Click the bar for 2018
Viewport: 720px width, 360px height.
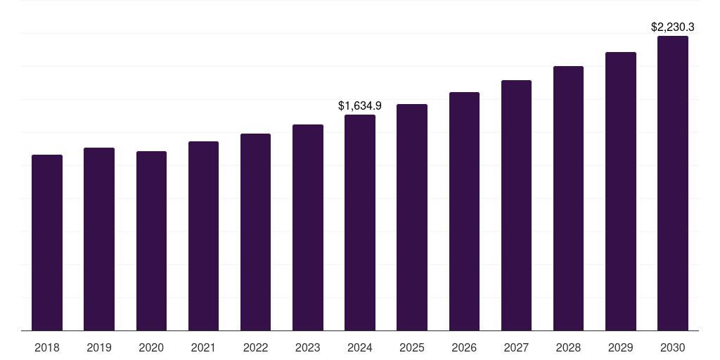coord(47,243)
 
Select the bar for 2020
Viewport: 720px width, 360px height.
coord(151,240)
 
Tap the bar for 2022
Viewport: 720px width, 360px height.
coord(255,232)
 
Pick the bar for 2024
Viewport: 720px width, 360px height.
coord(360,222)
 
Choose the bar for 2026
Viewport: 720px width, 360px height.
coord(464,211)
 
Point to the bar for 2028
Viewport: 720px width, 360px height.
coord(568,198)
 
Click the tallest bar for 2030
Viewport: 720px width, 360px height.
coord(673,183)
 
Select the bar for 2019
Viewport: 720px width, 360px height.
coord(99,239)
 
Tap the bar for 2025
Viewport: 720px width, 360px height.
coord(412,217)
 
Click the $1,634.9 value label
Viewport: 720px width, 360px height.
coord(360,106)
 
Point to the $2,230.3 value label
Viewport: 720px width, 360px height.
coord(673,27)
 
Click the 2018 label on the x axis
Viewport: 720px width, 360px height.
coord(47,347)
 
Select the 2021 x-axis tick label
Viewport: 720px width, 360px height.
coord(203,347)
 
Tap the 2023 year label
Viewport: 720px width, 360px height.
coord(308,347)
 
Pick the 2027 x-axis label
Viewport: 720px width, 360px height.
coord(516,347)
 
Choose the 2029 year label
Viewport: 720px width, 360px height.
coord(621,347)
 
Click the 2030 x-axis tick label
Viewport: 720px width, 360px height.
coord(673,347)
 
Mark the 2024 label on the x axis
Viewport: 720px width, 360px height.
coord(360,347)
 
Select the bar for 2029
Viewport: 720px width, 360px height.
coord(621,191)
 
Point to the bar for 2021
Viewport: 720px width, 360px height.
coord(203,236)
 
